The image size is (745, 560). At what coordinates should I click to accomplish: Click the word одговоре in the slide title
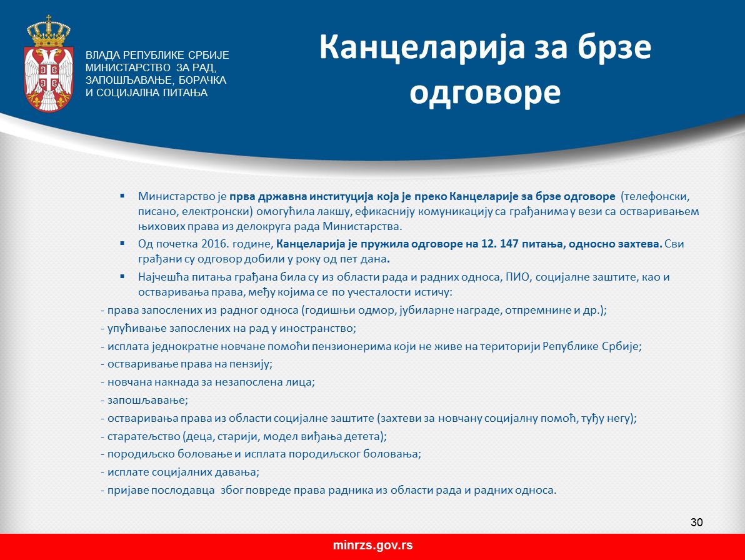pos(484,92)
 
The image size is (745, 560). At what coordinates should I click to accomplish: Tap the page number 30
pos(696,522)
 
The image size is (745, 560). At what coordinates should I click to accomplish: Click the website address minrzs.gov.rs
pos(372,545)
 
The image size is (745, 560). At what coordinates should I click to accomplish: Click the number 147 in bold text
pos(509,244)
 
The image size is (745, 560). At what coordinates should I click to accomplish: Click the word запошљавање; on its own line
pos(147,401)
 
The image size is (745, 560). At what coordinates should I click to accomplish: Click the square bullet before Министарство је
pos(122,195)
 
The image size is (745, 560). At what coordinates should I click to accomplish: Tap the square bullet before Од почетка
pos(122,243)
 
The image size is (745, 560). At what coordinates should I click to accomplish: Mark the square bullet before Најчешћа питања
pos(122,276)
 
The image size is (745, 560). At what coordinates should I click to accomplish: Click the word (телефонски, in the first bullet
pos(655,197)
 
